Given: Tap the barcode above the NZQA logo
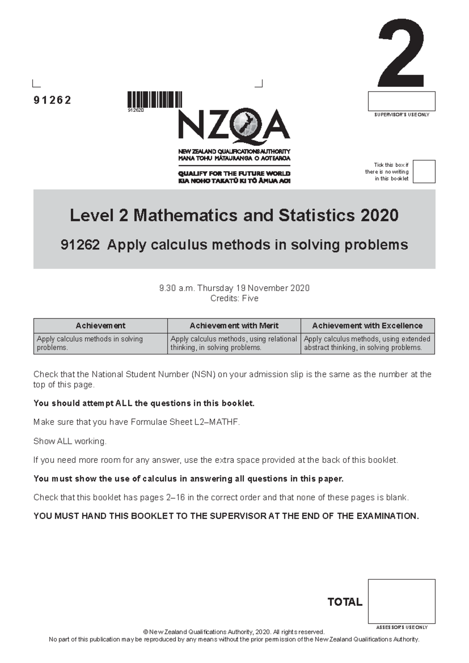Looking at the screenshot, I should (x=155, y=99).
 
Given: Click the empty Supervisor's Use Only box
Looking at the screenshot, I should (x=401, y=101).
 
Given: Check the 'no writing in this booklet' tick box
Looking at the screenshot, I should (x=424, y=171).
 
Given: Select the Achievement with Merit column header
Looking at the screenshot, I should (x=234, y=326).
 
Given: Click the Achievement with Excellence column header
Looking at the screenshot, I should (x=367, y=326).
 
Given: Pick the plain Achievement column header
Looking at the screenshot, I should (x=100, y=326).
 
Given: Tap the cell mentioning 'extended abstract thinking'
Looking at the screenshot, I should (x=367, y=343).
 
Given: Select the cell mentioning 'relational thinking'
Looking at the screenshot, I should (x=234, y=343).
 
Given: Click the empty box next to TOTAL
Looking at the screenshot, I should (x=401, y=601).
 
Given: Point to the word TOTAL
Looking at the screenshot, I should (x=345, y=602).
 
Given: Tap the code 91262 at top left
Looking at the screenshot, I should (x=52, y=100).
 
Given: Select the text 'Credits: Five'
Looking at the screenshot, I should (x=234, y=298).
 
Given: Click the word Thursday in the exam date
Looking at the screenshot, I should (x=215, y=288).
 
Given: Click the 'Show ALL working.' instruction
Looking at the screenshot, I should (x=70, y=441).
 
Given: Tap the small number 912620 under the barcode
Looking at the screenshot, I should (x=136, y=110).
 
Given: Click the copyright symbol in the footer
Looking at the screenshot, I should (x=146, y=632).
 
